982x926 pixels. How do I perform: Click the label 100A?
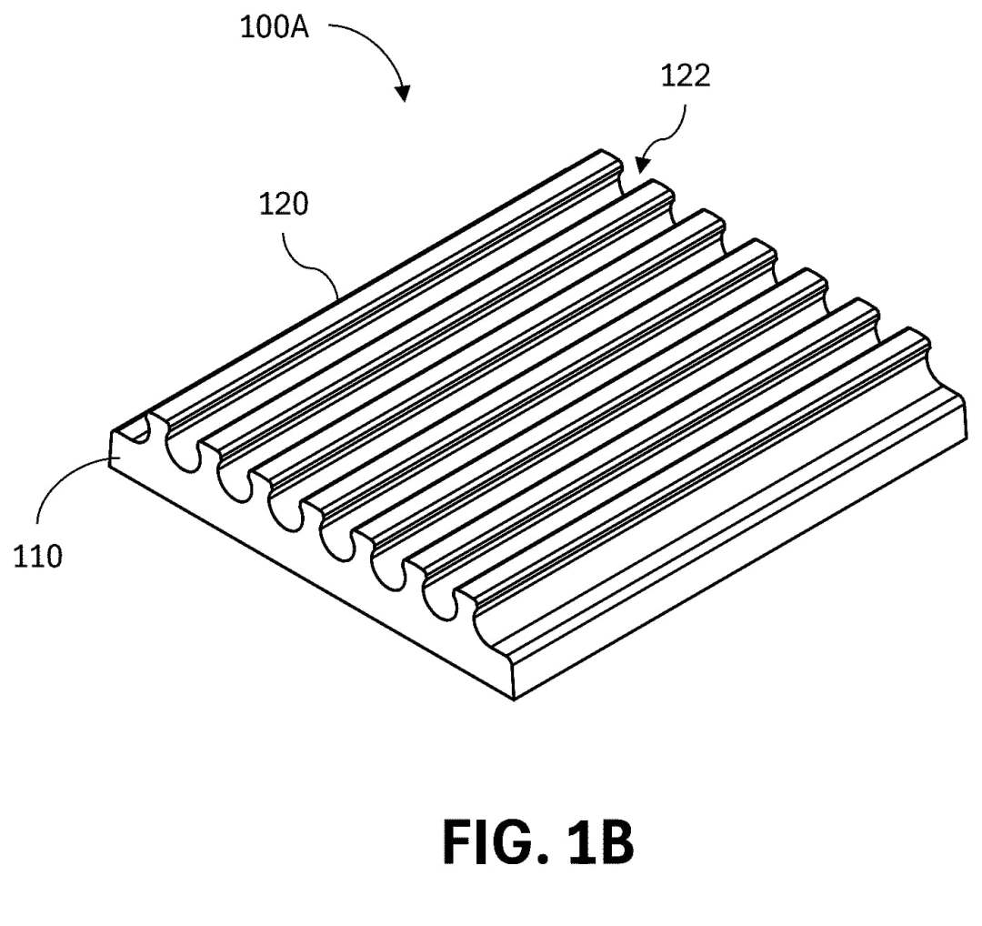[275, 26]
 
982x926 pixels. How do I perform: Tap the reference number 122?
[685, 76]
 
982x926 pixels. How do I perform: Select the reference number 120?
[285, 205]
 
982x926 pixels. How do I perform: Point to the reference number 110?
[38, 556]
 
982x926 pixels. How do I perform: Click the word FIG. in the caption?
[492, 842]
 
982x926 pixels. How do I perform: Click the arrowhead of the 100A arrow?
[403, 94]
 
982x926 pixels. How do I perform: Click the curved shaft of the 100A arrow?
[373, 41]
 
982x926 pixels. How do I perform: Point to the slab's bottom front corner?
[515, 699]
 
